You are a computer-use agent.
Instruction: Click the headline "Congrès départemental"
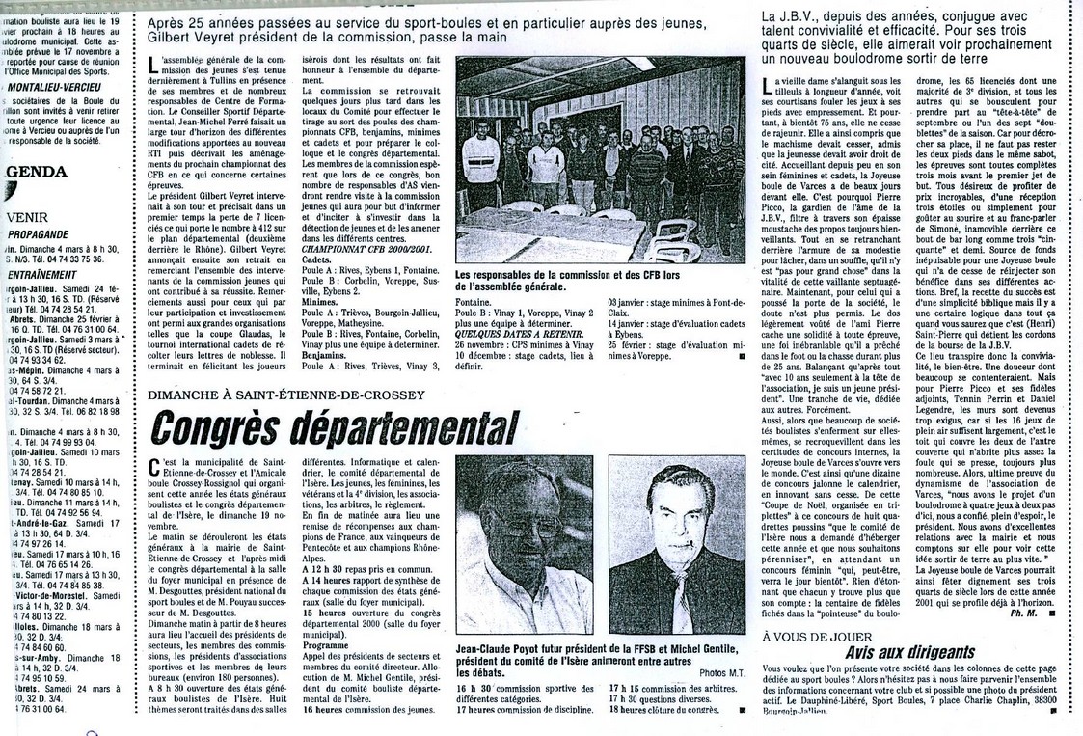coord(334,427)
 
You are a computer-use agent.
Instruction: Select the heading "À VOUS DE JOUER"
coord(817,637)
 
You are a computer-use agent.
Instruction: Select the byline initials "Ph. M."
coord(1021,612)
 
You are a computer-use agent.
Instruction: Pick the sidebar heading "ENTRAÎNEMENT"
coord(42,274)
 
